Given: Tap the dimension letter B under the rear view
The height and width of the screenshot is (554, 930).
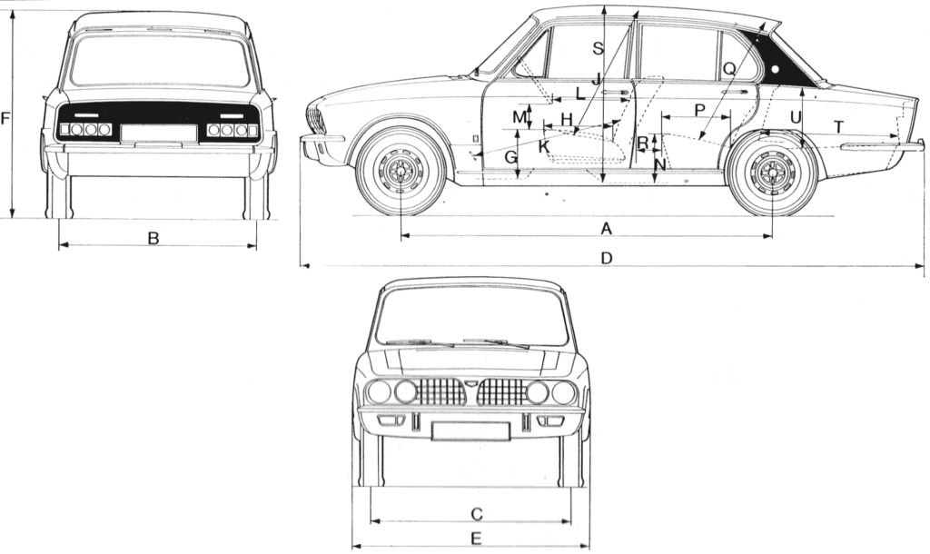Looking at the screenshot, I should (153, 238).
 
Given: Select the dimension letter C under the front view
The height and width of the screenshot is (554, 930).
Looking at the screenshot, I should (476, 514).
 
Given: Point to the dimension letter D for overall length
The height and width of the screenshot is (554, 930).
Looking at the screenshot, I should (607, 259).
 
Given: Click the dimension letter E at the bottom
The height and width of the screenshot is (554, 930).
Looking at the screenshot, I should (476, 539).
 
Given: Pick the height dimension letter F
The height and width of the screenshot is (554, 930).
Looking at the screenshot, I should (5, 119).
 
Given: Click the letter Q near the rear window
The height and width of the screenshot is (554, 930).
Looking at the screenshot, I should (728, 67).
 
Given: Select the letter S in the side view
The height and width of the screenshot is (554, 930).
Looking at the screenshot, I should (597, 49).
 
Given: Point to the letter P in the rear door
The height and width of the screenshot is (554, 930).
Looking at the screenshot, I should (699, 109).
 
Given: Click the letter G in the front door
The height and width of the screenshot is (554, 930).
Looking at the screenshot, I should (510, 157).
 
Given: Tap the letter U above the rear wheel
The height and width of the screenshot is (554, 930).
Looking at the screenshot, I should (796, 117).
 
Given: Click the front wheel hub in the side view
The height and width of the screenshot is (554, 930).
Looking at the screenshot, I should (401, 171).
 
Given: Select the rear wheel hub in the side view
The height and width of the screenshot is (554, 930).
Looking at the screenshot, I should (772, 171).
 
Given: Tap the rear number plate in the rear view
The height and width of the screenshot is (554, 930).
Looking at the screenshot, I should (159, 133).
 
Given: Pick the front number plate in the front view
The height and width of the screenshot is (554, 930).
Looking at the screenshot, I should (470, 430).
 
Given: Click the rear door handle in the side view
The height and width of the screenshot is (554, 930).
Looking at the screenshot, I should (736, 92).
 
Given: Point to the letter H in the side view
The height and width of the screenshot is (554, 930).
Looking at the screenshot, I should (567, 119).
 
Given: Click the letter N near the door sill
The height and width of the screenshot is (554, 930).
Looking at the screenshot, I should (660, 163).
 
